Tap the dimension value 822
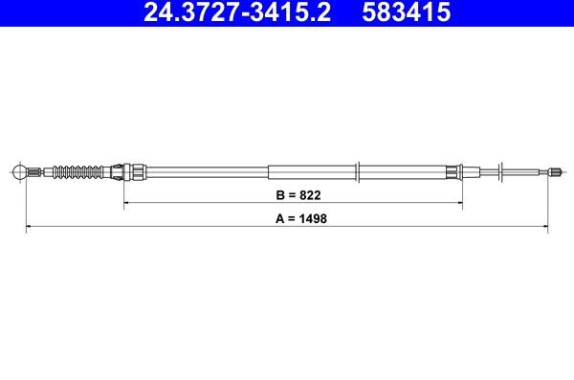(305, 194)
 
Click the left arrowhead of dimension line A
(28, 227)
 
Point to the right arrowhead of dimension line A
(545, 227)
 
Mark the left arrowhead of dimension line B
(126, 203)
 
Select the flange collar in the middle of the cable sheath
(358, 172)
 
